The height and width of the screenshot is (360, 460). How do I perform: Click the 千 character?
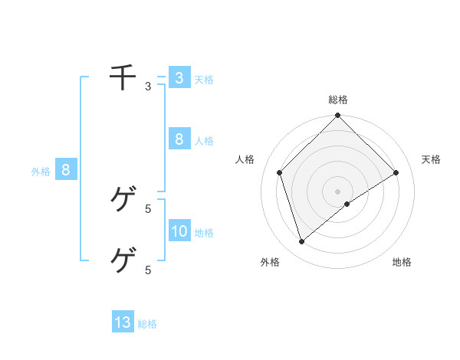[123, 77]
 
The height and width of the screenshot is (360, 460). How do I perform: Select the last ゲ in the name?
[123, 260]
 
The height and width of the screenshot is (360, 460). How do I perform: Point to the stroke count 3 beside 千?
[148, 87]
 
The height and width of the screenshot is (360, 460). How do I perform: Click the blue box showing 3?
[179, 77]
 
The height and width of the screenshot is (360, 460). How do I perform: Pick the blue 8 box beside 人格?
[179, 139]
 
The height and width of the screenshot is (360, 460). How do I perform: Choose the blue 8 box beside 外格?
[66, 170]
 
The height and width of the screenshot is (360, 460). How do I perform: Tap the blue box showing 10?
[179, 231]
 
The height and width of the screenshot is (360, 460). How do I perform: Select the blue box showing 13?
[123, 322]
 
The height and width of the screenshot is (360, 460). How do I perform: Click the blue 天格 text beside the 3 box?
[204, 80]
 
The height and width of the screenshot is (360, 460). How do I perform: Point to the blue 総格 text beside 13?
[147, 324]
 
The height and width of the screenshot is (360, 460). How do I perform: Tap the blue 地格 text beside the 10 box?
[204, 233]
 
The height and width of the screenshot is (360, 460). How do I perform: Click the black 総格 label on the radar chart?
[337, 100]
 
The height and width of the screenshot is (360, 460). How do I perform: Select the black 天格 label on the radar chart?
[432, 159]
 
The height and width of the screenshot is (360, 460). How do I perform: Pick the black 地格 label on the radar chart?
[402, 262]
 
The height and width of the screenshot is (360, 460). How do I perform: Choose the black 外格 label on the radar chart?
[270, 262]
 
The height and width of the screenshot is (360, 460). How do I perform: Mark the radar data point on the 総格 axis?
[337, 116]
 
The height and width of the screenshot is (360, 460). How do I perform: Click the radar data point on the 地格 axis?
[347, 204]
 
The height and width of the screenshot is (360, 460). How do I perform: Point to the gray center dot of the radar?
[337, 191]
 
